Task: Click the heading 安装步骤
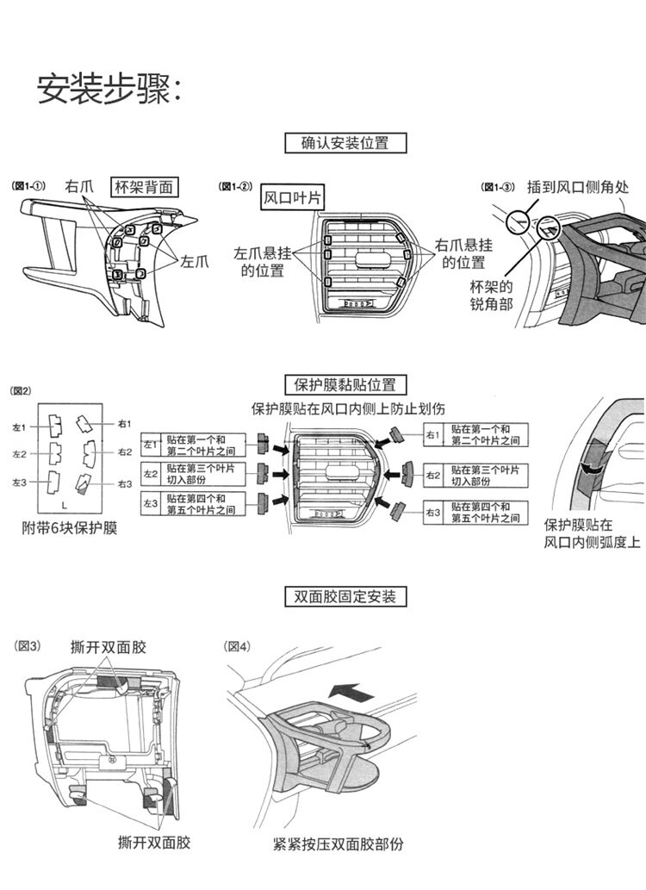tap(109, 88)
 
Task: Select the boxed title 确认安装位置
tap(345, 142)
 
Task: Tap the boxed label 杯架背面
tap(144, 187)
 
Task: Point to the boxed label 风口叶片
tap(292, 198)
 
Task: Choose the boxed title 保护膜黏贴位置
tap(345, 384)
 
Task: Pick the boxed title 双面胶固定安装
tap(345, 596)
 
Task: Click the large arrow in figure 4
tap(353, 690)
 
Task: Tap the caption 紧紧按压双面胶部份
tap(338, 843)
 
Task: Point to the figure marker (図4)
tap(237, 646)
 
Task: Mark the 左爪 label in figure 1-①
tap(195, 261)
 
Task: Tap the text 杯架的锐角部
tap(491, 295)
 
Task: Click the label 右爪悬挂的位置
tap(464, 253)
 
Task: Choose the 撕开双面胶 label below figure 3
tap(154, 842)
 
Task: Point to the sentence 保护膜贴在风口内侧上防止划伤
tap(348, 408)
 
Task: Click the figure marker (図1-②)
tap(235, 187)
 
